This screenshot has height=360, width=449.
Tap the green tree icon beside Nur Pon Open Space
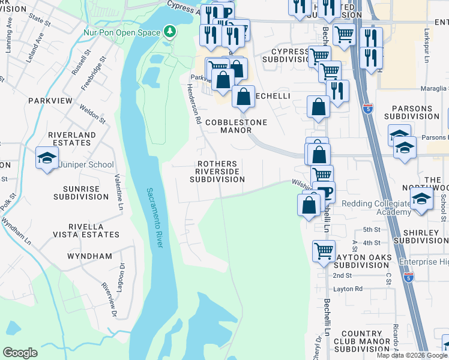click(x=170, y=31)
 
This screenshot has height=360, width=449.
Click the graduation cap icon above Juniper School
click(x=47, y=158)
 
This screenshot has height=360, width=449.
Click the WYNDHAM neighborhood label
click(x=89, y=256)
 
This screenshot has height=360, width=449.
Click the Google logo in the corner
click(x=20, y=353)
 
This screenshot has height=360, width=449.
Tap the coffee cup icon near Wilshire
click(x=324, y=192)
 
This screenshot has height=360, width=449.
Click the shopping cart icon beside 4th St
click(x=324, y=250)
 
